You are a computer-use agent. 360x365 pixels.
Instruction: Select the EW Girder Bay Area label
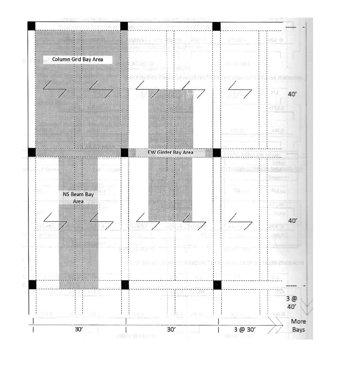(x=170, y=152)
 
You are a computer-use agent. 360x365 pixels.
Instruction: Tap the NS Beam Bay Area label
(x=77, y=197)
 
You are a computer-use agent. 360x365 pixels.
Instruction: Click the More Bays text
(x=299, y=325)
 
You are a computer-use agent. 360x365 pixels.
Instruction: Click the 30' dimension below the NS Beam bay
(x=78, y=330)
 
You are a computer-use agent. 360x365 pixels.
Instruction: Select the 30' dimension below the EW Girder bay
(x=171, y=330)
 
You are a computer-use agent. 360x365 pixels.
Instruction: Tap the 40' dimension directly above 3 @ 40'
(x=293, y=220)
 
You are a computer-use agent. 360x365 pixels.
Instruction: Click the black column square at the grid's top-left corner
(x=32, y=26)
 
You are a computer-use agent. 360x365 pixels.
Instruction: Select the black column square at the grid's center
(x=124, y=153)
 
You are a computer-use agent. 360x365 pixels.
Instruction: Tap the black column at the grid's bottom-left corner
(x=32, y=285)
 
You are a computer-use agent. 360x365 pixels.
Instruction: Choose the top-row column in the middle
(x=124, y=26)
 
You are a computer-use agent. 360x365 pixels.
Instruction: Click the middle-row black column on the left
(x=32, y=153)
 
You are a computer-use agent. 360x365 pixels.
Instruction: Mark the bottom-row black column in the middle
(x=124, y=285)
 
